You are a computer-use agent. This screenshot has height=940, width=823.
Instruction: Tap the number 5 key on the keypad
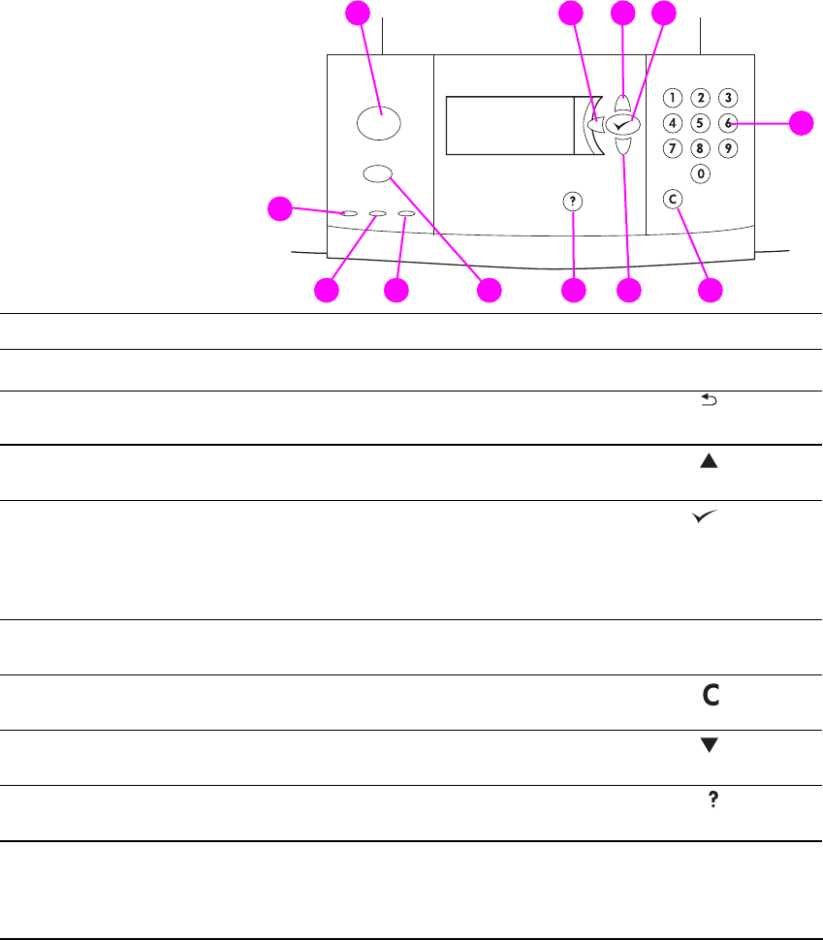pyautogui.click(x=699, y=123)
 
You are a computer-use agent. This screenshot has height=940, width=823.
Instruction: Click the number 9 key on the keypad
pyautogui.click(x=728, y=148)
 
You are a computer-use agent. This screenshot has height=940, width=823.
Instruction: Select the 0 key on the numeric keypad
pyautogui.click(x=699, y=174)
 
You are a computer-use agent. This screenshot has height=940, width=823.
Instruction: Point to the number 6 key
pyautogui.click(x=728, y=123)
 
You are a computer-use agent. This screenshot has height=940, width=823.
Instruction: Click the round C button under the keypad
pyautogui.click(x=673, y=199)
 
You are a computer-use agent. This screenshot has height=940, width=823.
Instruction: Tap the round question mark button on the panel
pyautogui.click(x=574, y=201)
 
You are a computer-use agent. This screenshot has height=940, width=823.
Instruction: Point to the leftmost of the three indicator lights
pyautogui.click(x=348, y=213)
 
